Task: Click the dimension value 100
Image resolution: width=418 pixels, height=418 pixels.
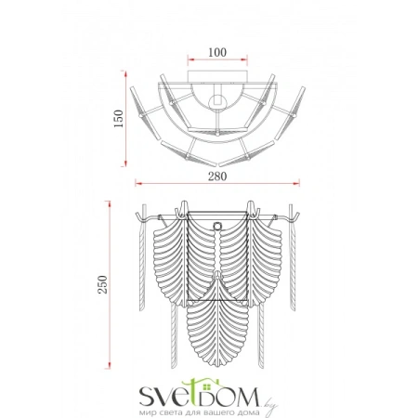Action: coord(217,52)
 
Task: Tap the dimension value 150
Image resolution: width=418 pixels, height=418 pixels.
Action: coord(118,119)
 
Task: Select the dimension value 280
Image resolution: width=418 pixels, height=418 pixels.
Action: coord(217,176)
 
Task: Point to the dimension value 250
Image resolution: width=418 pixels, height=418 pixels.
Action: coord(102,284)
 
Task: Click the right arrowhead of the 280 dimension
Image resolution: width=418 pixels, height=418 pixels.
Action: coord(296,184)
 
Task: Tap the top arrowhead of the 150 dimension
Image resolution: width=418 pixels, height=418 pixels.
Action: coord(125,74)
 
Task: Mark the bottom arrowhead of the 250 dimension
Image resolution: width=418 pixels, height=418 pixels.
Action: coord(109,365)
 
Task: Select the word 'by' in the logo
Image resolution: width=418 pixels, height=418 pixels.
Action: coord(270,406)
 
